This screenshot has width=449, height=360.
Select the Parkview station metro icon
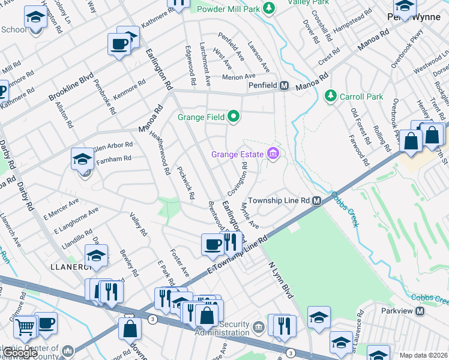coord(420,311)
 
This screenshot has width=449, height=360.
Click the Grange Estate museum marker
coord(274,155)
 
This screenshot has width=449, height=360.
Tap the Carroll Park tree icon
coord(330,96)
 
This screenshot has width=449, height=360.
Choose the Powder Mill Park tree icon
coord(270,8)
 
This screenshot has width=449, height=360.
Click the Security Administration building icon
coord(258,327)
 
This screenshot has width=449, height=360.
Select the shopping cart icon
coord(25,328)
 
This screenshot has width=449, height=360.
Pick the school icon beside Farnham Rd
coord(82,159)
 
